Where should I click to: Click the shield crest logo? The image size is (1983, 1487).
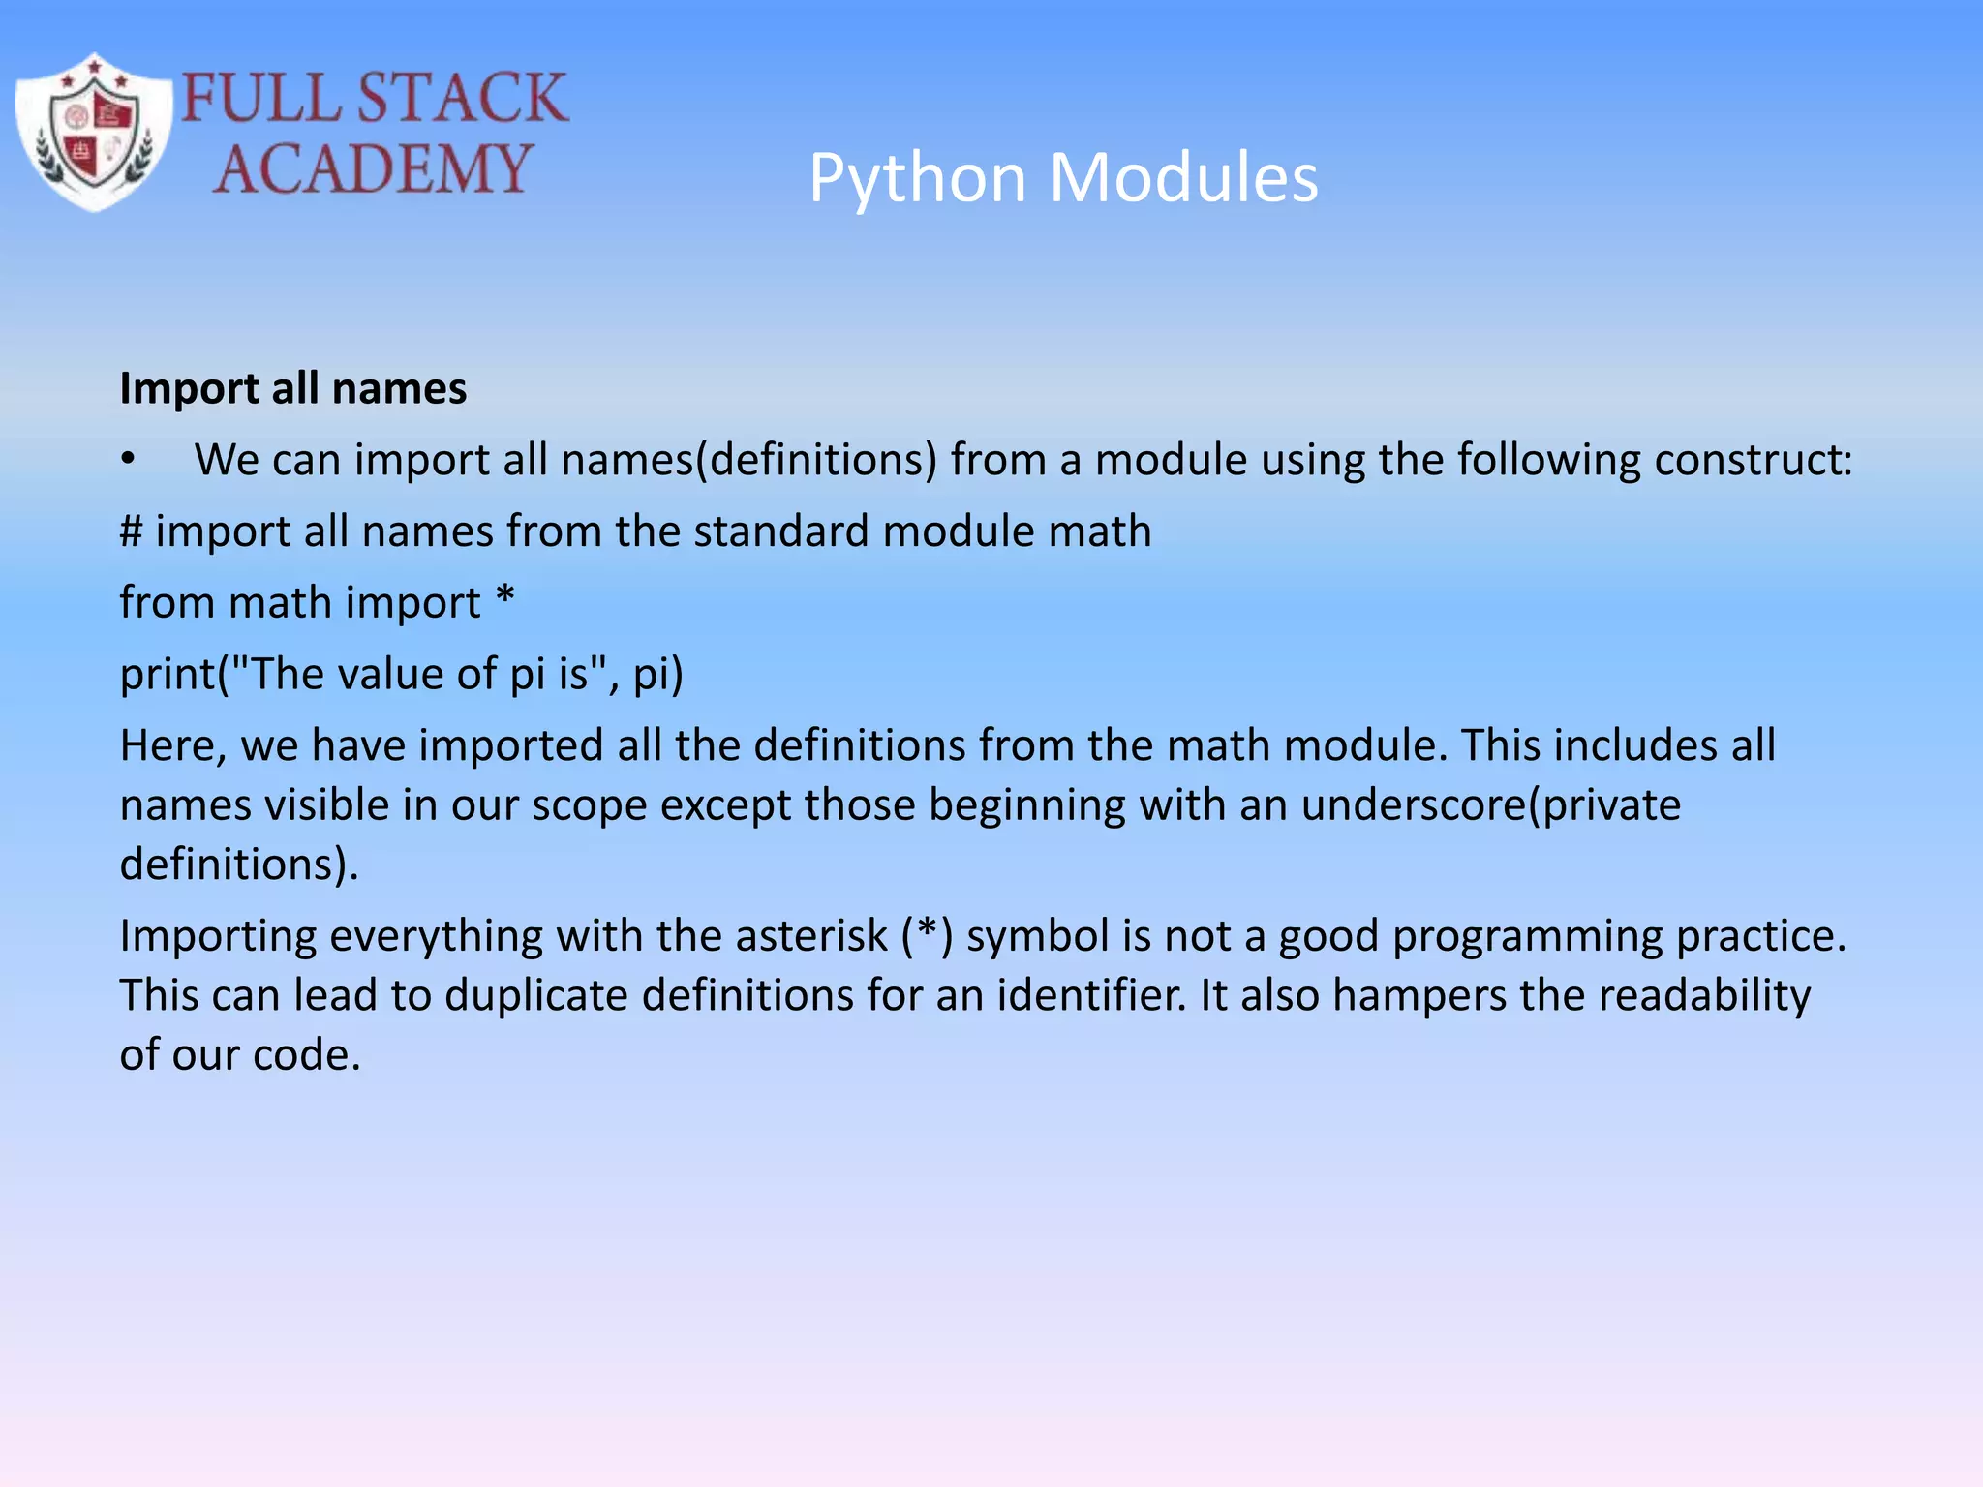[x=94, y=133]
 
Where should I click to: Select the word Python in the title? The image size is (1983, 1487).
[x=917, y=179]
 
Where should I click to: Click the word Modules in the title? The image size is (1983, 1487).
[x=1183, y=179]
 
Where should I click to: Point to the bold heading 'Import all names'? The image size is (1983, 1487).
[x=292, y=388]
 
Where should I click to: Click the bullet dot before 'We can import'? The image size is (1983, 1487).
[x=129, y=459]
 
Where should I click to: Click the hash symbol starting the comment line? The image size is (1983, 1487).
[x=131, y=531]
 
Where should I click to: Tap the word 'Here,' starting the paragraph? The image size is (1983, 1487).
[x=173, y=745]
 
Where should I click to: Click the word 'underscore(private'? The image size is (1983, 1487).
[x=1490, y=804]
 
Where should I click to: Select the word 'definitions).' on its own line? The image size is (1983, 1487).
[x=239, y=864]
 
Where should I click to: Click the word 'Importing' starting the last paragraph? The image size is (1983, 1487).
[x=219, y=936]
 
